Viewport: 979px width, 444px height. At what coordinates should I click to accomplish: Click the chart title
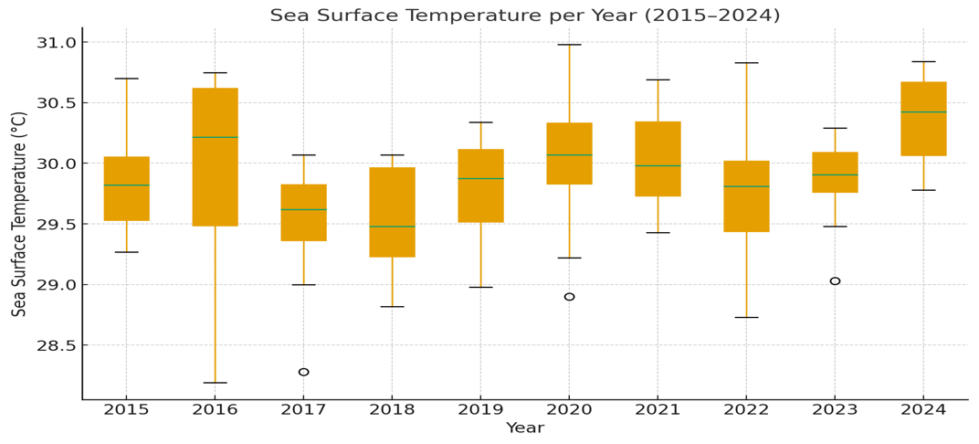[524, 16]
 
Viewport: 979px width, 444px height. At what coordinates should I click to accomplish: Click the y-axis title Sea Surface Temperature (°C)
[19, 214]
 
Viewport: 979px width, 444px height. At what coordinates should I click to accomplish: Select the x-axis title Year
[524, 428]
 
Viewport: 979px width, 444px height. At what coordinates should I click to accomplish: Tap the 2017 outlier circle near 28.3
[303, 372]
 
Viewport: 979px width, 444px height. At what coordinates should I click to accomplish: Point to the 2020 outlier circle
[569, 297]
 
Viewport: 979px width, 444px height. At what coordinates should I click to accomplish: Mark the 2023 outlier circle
[835, 281]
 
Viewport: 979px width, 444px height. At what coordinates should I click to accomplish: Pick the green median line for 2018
[392, 227]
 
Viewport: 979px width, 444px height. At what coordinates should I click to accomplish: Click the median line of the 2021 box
[658, 166]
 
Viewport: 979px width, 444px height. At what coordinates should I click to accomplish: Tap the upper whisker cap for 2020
[569, 45]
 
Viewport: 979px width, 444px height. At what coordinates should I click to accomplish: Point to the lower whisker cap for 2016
[215, 383]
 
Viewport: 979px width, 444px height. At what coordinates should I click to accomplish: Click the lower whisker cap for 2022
[746, 317]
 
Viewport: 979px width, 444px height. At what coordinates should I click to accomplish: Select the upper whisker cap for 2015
[126, 79]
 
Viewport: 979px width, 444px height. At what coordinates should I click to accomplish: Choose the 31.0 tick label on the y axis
[54, 43]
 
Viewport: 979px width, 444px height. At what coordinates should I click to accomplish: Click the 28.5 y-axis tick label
[54, 345]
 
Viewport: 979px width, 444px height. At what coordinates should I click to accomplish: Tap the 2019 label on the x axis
[480, 409]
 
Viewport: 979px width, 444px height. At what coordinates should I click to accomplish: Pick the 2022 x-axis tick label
[746, 409]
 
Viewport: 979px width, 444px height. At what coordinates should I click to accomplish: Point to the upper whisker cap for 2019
[480, 122]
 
